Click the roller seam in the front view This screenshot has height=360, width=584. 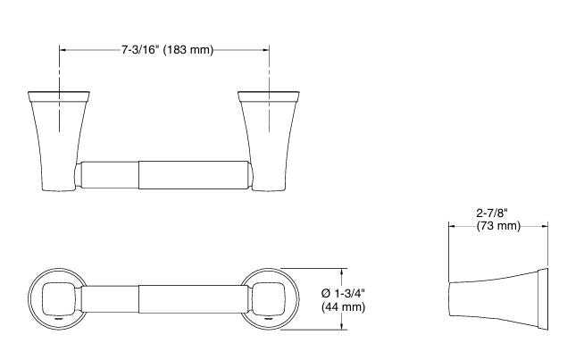pyautogui.click(x=139, y=173)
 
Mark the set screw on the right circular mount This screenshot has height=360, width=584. pyautogui.click(x=269, y=316)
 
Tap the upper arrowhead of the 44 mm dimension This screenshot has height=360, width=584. pyautogui.click(x=342, y=270)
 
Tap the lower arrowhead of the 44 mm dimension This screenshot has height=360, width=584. pyautogui.click(x=342, y=327)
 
